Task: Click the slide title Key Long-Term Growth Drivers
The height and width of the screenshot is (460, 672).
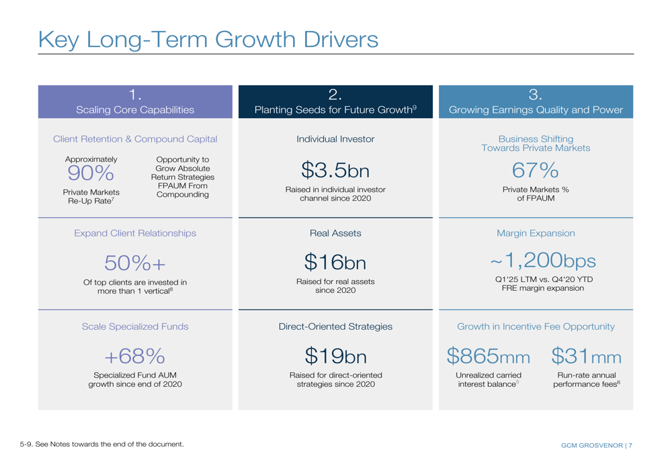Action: [x=208, y=38]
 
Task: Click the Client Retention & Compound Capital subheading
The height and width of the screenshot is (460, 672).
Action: [x=135, y=140]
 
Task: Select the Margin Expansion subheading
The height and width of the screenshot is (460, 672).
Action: [x=535, y=233]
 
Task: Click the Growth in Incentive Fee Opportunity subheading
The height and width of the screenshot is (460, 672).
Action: [x=535, y=326]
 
